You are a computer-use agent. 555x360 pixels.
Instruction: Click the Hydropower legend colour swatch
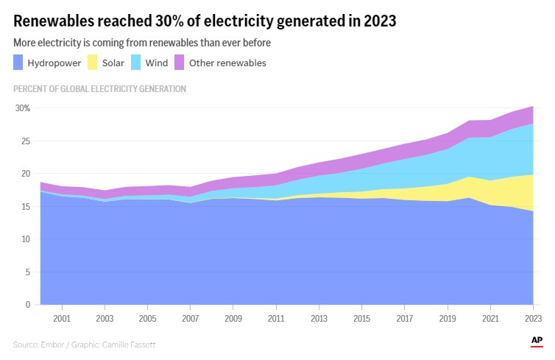point(18,63)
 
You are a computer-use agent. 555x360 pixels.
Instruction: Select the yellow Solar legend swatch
point(92,63)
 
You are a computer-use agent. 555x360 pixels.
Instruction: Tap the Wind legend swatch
point(135,63)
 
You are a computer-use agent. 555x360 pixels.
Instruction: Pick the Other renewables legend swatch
point(179,63)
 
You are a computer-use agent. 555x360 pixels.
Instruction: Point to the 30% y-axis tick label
point(23,108)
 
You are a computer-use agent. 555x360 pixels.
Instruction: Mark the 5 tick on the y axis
point(27,272)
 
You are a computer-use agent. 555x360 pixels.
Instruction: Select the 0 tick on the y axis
point(27,305)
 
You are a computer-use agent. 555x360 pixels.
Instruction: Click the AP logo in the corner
point(537,340)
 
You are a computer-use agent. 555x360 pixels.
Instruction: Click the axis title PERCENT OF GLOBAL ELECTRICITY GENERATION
point(99,89)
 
